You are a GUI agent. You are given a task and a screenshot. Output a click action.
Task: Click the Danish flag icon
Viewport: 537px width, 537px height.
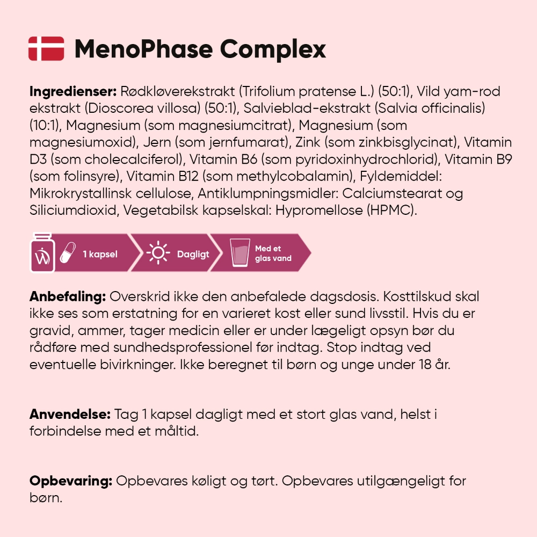46,48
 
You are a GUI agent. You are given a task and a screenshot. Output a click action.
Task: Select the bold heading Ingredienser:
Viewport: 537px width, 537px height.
72,92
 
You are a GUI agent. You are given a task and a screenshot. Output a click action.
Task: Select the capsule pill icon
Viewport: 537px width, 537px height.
68,253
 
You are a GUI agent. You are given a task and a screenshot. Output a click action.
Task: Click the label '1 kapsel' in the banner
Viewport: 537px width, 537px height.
100,254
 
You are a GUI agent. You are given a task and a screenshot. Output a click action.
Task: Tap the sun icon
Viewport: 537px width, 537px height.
158,253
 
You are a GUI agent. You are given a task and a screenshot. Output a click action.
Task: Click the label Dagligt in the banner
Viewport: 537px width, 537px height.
193,254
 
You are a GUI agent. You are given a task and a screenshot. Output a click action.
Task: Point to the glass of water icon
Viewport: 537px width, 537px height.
240,253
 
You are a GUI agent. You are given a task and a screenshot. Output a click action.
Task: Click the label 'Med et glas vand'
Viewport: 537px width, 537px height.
273,253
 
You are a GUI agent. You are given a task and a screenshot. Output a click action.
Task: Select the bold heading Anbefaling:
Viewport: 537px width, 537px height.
67,297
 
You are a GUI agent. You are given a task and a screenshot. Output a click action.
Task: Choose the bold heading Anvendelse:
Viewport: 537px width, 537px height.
70,415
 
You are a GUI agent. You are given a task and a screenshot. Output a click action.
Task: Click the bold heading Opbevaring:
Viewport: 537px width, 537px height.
70,481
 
